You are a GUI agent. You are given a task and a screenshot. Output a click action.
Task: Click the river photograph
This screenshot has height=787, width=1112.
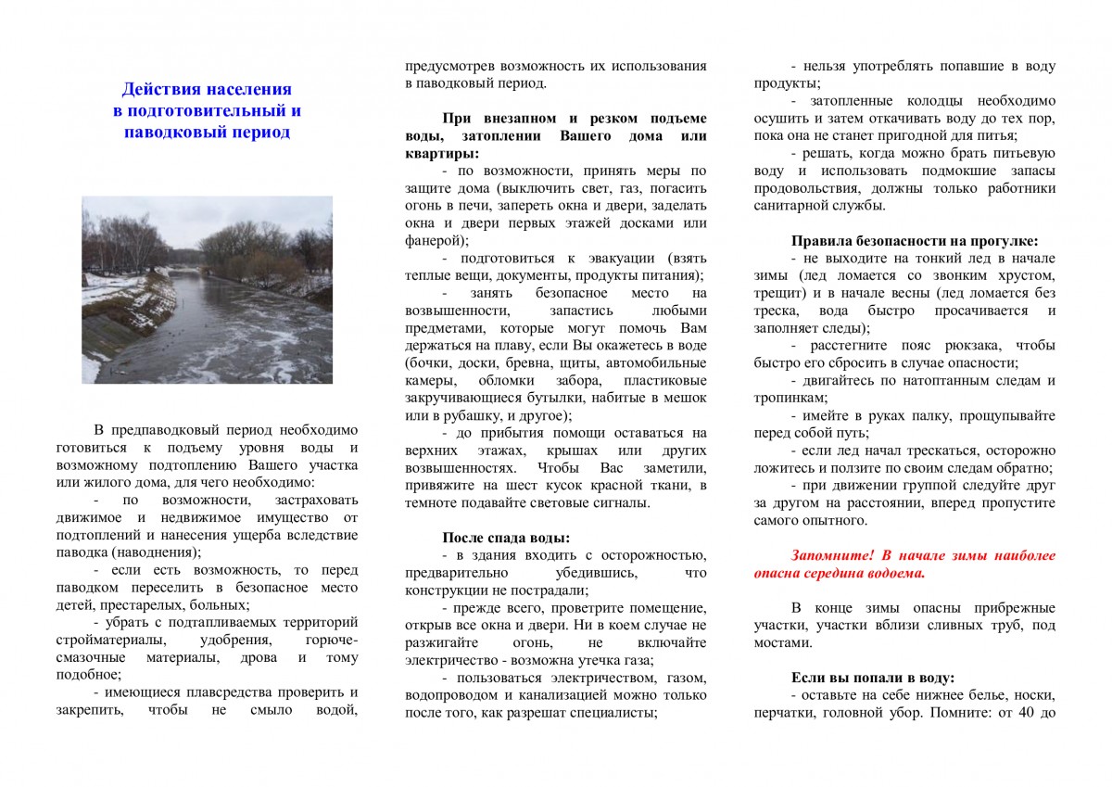click(207, 289)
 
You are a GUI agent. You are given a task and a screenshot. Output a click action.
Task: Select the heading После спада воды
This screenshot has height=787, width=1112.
click(505, 538)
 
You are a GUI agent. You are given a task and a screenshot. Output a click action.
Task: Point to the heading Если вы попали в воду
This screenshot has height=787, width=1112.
click(872, 677)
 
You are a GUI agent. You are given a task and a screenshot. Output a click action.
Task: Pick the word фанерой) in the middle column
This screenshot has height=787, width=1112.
click(436, 240)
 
